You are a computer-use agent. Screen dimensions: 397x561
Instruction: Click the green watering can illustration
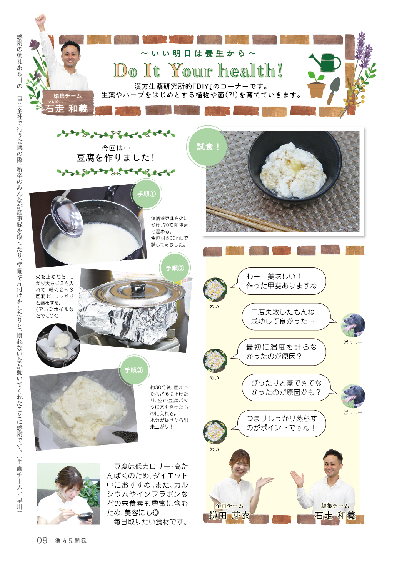point(325,63)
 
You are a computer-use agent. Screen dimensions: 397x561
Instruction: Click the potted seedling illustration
point(316,85)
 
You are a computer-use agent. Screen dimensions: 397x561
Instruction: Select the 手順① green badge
point(147,194)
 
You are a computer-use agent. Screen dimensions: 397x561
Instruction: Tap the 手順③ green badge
point(134,370)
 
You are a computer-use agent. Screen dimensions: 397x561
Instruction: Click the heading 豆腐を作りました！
point(116,157)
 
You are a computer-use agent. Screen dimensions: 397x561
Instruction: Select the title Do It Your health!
point(198,70)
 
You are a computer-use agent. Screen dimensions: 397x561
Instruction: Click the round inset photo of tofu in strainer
point(58,346)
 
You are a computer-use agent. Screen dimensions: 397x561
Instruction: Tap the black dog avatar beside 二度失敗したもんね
point(353,326)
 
